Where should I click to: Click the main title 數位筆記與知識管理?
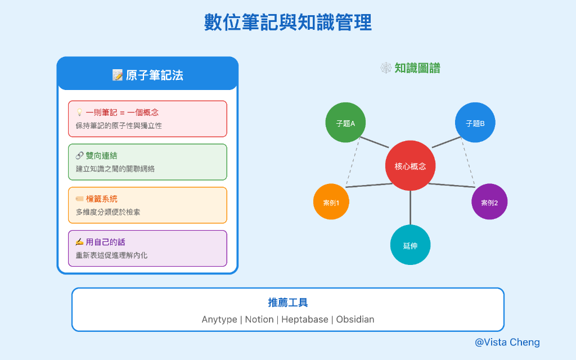coord(287,23)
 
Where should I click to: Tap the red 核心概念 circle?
coord(410,166)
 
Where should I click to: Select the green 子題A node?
coord(345,123)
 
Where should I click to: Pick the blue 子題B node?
coord(475,123)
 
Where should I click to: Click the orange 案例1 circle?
coord(330,202)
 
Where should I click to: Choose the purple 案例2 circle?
coord(489,202)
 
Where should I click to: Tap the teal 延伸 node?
coord(410,245)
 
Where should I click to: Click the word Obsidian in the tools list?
coord(355,319)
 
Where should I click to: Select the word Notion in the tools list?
coord(259,319)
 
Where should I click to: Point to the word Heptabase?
coord(304,319)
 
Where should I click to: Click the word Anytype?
coord(219,319)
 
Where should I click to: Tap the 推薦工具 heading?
coord(287,303)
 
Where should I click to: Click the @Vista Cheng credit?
coord(507,342)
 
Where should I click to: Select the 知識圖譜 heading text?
coord(417,69)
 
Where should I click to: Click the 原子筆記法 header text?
coord(154,75)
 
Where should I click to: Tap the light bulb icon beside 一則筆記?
coord(79,112)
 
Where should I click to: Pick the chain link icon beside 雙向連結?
coord(79,156)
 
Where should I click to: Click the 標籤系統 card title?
coord(101,199)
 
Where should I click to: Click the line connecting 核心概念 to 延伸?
coord(410,208)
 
